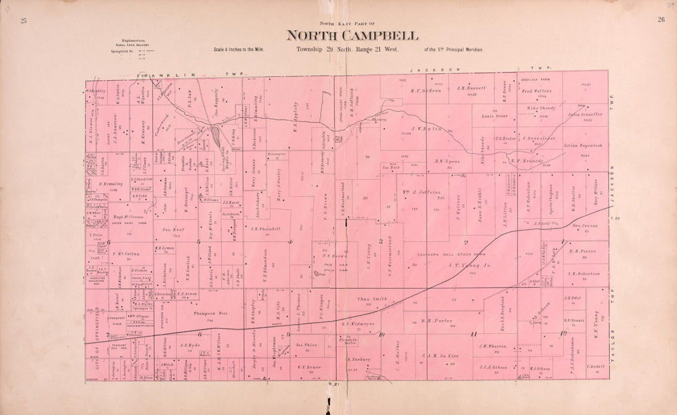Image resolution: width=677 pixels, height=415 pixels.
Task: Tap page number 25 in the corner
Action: pos(24,20)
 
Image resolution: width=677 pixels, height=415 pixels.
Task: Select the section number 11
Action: pos(473,334)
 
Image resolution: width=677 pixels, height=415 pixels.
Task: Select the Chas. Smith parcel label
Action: pos(372,299)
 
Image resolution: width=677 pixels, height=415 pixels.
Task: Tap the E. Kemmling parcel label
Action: pos(111,183)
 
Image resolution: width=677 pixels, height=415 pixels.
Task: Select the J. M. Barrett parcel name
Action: pos(471,88)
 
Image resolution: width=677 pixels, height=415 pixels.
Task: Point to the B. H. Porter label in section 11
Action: pos(436,320)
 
